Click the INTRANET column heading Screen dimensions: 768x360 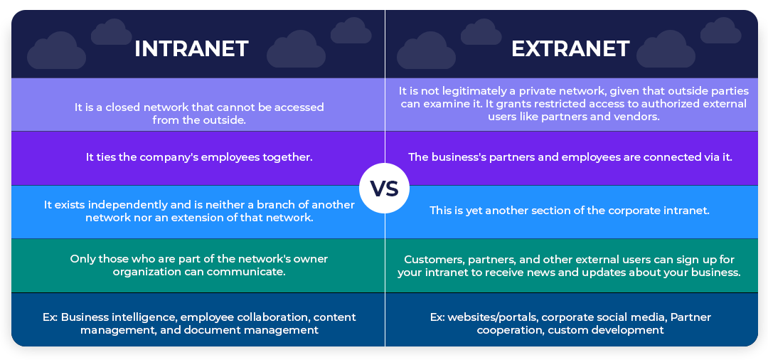coord(191,48)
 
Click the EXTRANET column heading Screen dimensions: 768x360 coord(570,48)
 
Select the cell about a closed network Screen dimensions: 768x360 coord(198,113)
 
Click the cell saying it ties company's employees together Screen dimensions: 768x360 coord(198,157)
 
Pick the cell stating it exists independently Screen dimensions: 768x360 coord(198,211)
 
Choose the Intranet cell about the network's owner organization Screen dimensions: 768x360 coord(198,265)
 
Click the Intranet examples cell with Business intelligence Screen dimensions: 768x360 coord(198,323)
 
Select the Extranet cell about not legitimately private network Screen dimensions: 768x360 coord(572,103)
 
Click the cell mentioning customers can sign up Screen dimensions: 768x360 coord(572,265)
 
